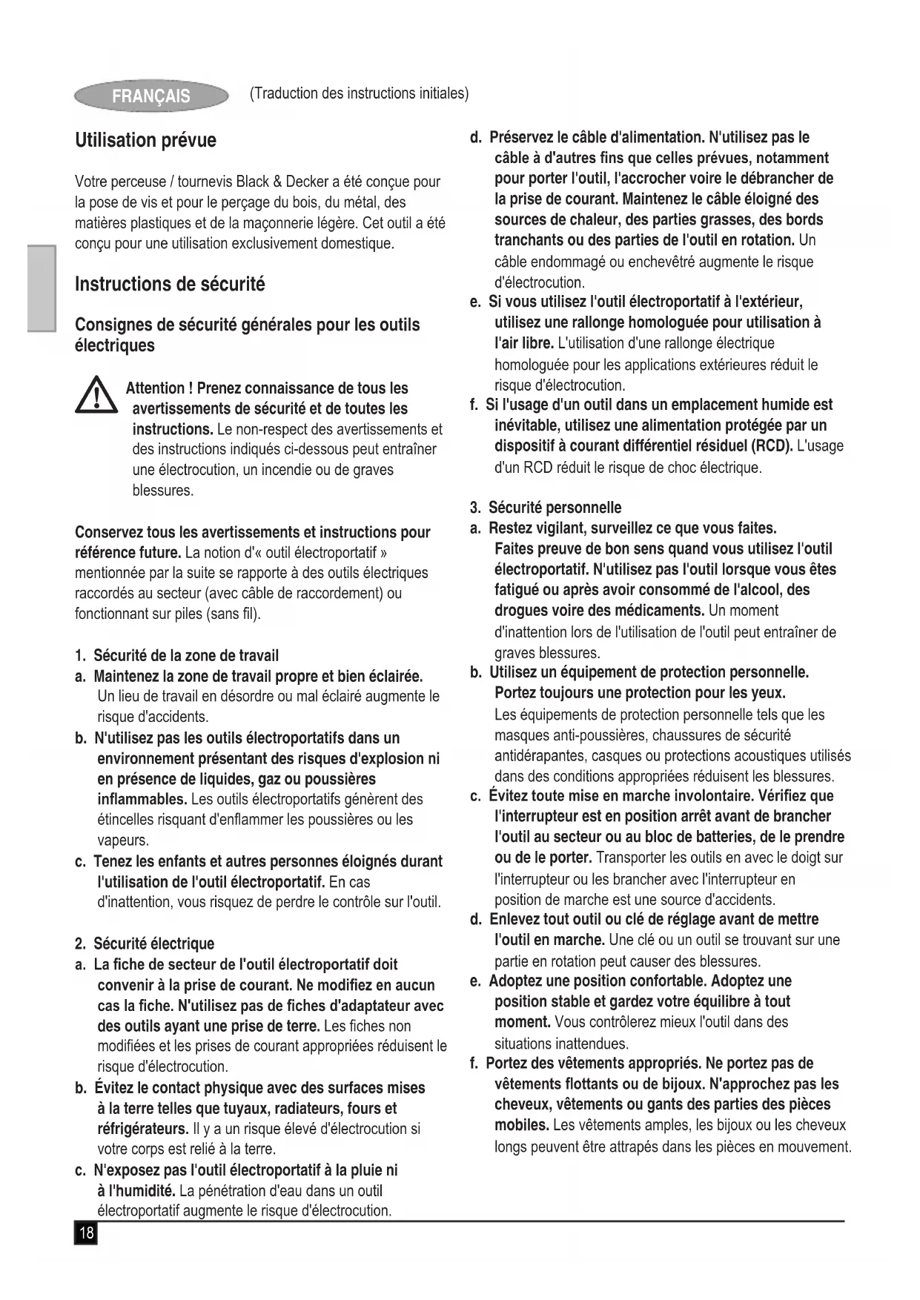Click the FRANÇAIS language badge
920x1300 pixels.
pos(151,96)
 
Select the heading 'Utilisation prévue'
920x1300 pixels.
pos(146,140)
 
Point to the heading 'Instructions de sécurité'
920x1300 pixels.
pos(170,284)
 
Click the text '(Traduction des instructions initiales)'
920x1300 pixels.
pos(360,93)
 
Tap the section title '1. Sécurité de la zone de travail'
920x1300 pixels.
pos(177,655)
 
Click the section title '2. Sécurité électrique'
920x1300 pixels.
pos(145,944)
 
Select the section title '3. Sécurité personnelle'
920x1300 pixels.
pos(546,508)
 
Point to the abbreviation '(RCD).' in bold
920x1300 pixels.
pos(772,446)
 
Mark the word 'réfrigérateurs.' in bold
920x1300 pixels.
pos(142,1129)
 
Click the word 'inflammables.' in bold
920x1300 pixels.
pos(142,799)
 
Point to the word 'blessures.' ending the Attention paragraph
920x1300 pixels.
pos(163,491)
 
